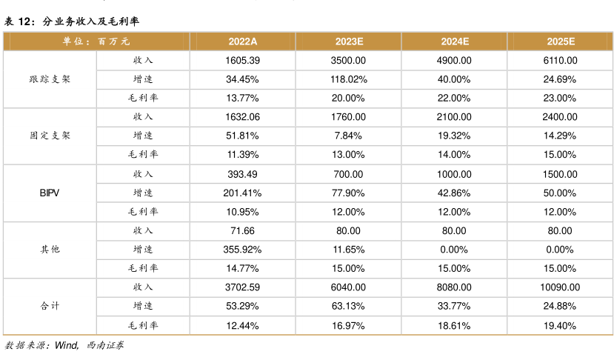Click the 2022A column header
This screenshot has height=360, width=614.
pyautogui.click(x=242, y=41)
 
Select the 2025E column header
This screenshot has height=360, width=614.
pyautogui.click(x=561, y=41)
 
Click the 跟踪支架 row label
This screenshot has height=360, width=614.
pyautogui.click(x=50, y=79)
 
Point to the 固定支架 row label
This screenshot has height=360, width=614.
pyautogui.click(x=50, y=136)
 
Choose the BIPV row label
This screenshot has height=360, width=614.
pyautogui.click(x=50, y=193)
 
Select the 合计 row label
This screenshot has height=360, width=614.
pyautogui.click(x=50, y=306)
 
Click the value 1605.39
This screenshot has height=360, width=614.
pyautogui.click(x=242, y=60)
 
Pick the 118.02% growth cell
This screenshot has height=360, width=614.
pyautogui.click(x=348, y=79)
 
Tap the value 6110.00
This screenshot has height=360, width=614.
pyautogui.click(x=561, y=60)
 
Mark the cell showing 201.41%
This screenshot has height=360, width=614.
pyautogui.click(x=242, y=193)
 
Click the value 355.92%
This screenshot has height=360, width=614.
pyautogui.click(x=242, y=250)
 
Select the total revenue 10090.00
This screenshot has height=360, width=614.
pyautogui.click(x=561, y=287)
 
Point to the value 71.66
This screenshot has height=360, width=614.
pyautogui.click(x=242, y=230)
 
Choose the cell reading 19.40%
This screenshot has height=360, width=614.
pyautogui.click(x=561, y=325)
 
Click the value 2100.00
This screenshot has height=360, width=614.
pyautogui.click(x=454, y=116)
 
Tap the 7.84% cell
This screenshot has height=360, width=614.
pyautogui.click(x=348, y=136)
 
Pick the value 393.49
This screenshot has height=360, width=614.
pyautogui.click(x=242, y=173)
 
